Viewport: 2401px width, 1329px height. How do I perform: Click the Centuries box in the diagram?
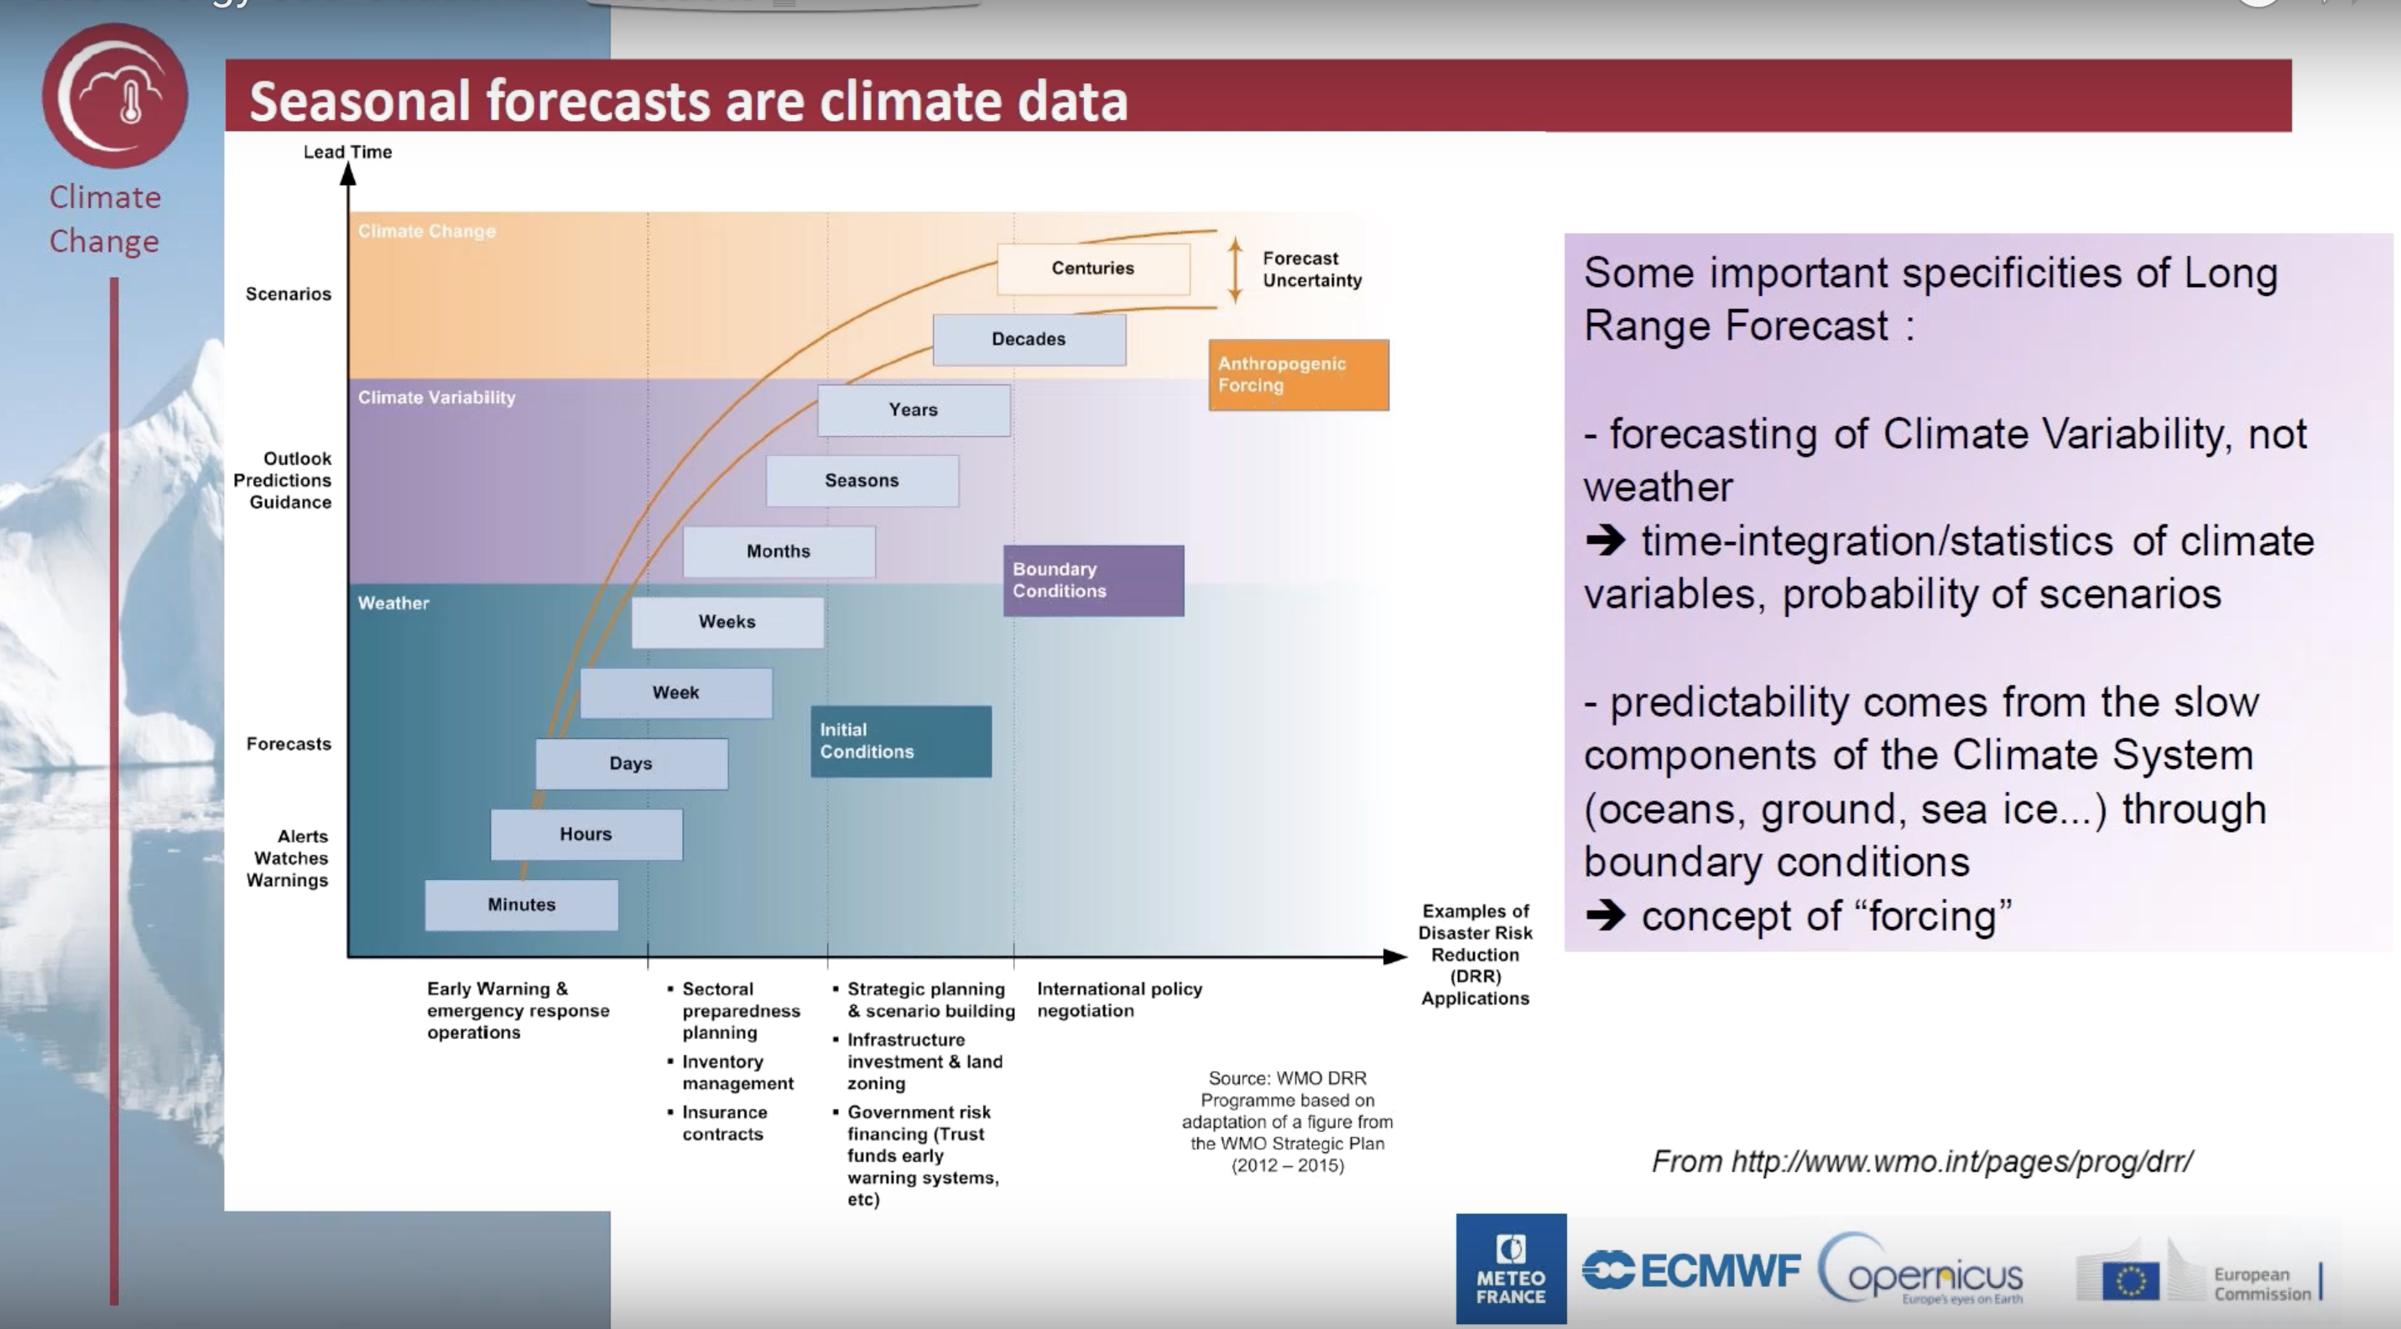1093,268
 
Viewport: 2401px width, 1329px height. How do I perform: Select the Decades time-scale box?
1029,339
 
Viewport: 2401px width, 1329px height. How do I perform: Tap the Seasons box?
862,481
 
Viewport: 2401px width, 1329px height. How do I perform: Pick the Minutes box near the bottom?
521,905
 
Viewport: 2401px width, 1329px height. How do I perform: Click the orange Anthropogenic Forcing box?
1299,375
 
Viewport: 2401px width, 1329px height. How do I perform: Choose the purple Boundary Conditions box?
1093,581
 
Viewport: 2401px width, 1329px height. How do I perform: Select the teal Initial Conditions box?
901,741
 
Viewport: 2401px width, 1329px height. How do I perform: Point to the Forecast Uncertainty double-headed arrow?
1235,269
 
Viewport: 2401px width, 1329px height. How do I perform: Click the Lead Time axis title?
347,152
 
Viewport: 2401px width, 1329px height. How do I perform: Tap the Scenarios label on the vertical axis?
288,294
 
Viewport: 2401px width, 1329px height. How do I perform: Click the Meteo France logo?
1511,1269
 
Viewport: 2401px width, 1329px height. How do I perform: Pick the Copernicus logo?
1921,1270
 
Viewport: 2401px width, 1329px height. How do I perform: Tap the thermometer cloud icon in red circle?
115,96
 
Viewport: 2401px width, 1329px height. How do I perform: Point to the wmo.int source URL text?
1922,1161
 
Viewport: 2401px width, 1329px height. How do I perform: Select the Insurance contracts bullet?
716,1123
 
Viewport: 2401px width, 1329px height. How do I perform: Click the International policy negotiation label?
1119,999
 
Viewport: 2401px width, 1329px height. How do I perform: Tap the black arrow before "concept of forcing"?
1605,915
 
